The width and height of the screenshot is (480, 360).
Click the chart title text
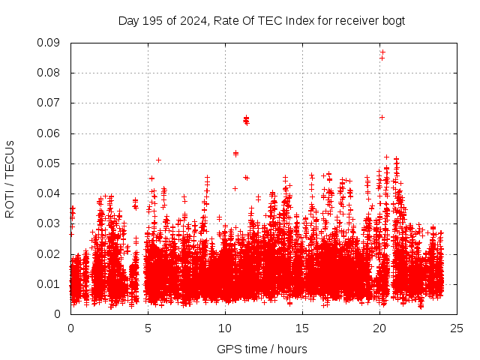[262, 21]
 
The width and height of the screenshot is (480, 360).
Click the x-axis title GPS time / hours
[262, 349]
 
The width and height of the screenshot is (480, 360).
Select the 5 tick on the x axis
[148, 328]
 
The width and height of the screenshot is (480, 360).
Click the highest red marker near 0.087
[382, 52]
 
